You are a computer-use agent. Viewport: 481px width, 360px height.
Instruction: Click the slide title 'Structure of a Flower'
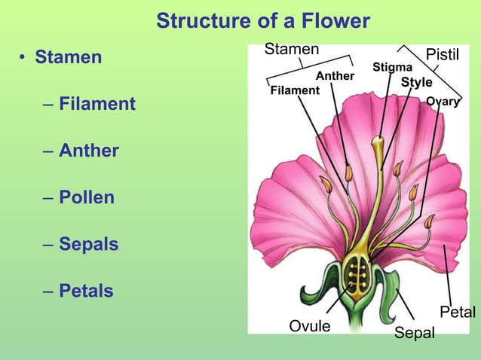(x=263, y=21)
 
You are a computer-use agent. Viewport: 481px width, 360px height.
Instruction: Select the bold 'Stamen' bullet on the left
(x=68, y=57)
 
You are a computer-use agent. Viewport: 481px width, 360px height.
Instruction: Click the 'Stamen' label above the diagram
(x=291, y=50)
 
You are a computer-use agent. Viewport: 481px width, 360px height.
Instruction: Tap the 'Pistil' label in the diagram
(x=443, y=55)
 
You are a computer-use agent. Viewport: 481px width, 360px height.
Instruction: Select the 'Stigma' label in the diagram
(x=392, y=68)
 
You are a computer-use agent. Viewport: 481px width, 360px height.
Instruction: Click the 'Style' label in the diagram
(x=416, y=82)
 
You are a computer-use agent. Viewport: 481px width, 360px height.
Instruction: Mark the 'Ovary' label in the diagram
(x=443, y=102)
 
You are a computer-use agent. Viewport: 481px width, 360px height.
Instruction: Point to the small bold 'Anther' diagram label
(x=335, y=76)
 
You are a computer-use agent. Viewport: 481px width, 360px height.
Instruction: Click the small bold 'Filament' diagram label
(x=295, y=90)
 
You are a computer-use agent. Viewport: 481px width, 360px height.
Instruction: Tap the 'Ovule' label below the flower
(x=310, y=326)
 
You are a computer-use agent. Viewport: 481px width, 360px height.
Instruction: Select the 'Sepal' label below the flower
(x=415, y=333)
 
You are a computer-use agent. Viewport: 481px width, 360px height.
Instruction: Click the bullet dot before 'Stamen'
(x=24, y=58)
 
